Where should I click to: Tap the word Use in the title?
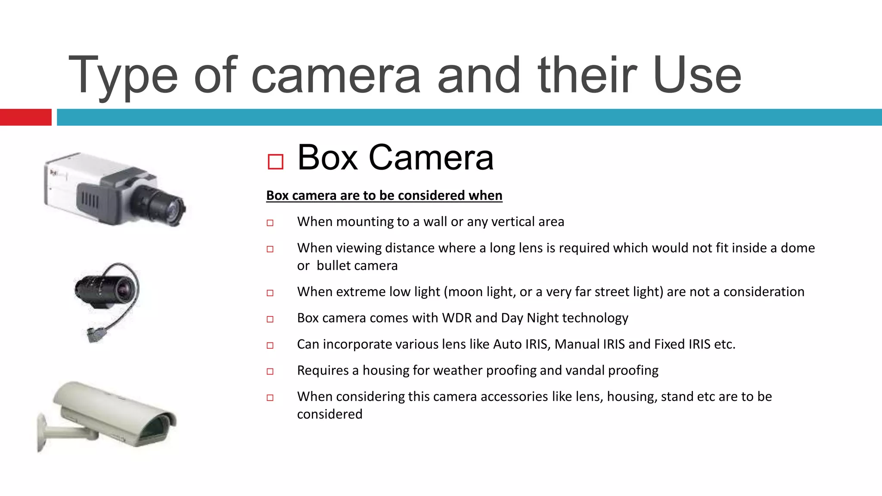696,75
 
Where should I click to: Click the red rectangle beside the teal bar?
25,117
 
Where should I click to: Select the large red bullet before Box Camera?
275,162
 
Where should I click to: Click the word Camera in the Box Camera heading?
431,158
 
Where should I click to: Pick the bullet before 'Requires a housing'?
270,371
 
